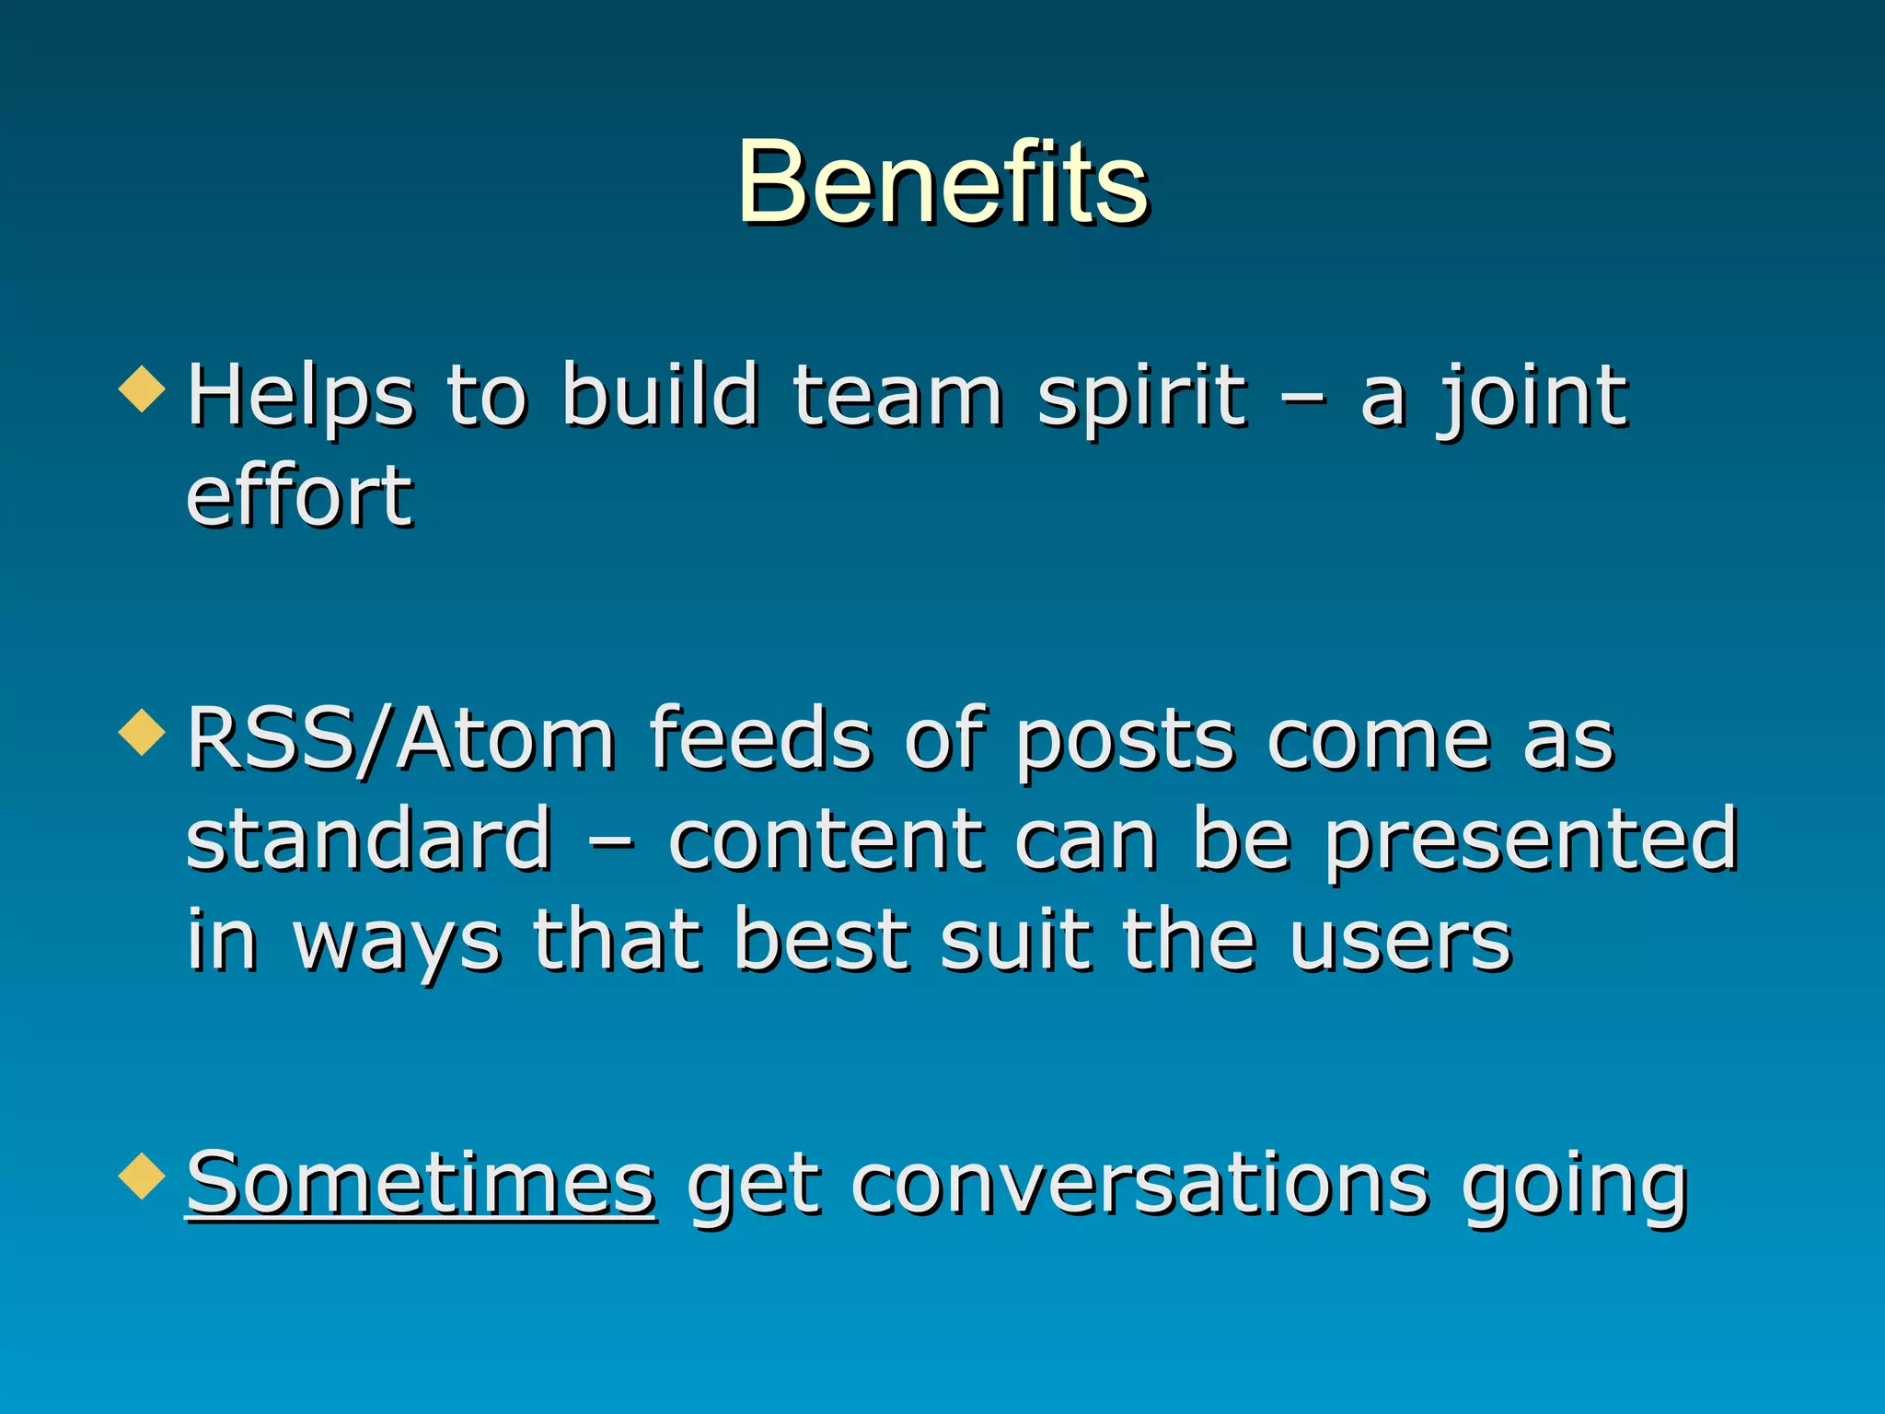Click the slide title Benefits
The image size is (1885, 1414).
tap(942, 181)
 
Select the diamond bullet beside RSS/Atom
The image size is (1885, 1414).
tap(143, 733)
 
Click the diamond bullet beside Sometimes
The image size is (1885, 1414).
tap(143, 1176)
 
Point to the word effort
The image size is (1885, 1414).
tap(299, 496)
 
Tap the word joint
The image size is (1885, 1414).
tap(1532, 397)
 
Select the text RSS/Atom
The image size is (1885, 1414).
tap(400, 740)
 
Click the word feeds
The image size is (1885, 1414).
tap(759, 740)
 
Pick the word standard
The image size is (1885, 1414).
tap(368, 840)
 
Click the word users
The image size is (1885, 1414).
tap(1399, 943)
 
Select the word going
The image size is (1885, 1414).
tap(1574, 1188)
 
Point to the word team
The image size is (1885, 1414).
tap(897, 397)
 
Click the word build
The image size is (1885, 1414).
tap(660, 397)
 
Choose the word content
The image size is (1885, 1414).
tap(824, 840)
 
